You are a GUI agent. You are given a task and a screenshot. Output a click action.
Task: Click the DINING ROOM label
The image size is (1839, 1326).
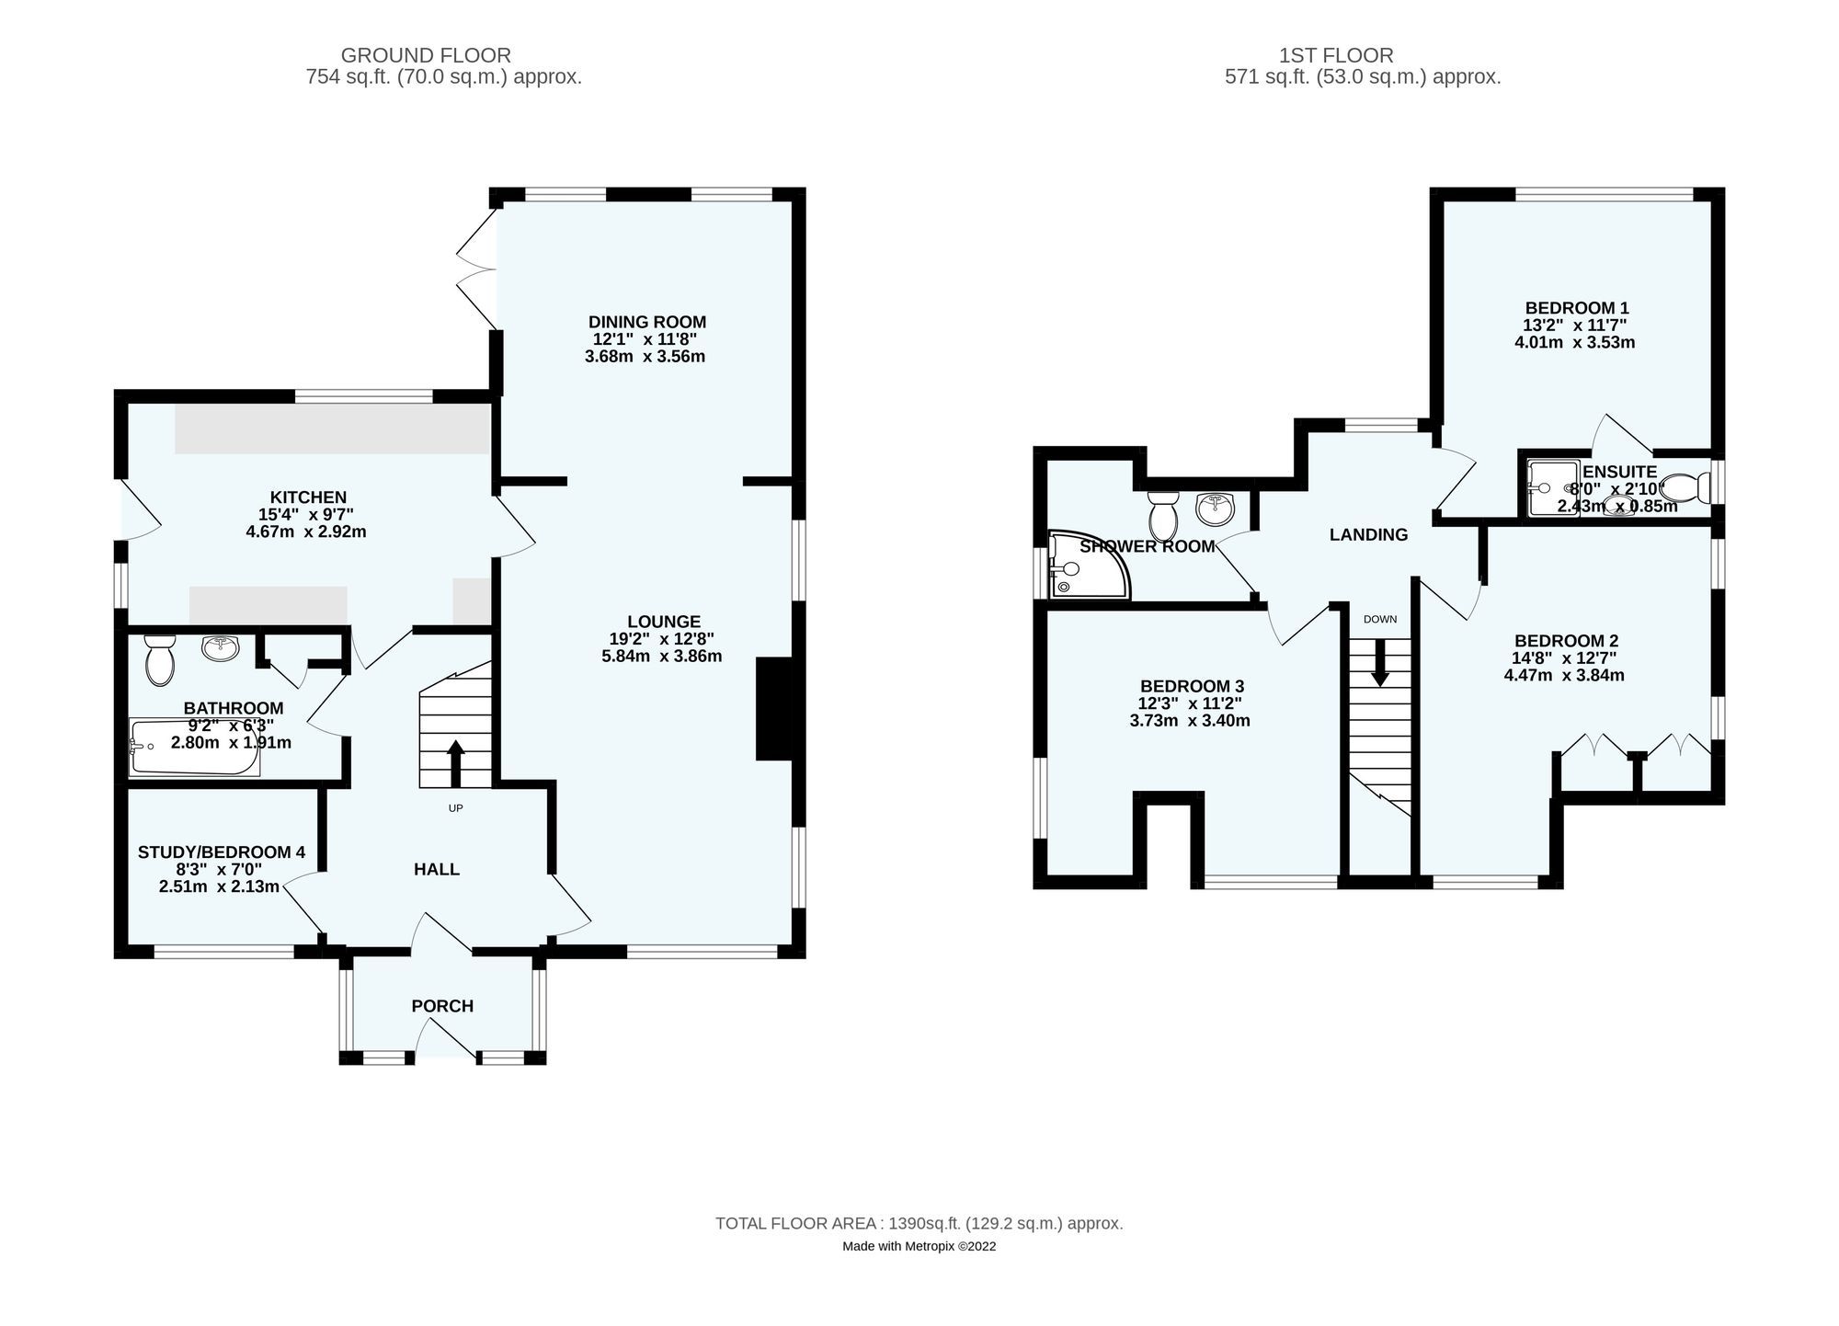(646, 322)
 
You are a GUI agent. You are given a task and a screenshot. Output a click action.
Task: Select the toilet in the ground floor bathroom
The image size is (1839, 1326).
(159, 662)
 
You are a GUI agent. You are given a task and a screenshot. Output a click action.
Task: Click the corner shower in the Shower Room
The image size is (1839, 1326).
(1085, 566)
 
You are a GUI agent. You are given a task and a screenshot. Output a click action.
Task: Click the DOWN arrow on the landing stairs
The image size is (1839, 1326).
(1379, 663)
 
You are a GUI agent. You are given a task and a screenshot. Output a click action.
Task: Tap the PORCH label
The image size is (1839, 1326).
(442, 1006)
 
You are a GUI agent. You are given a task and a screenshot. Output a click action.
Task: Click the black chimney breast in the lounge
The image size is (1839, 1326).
(773, 708)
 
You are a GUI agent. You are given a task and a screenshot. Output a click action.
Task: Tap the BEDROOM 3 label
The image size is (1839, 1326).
(1192, 686)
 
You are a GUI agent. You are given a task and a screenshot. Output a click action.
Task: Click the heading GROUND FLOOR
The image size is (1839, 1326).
(426, 55)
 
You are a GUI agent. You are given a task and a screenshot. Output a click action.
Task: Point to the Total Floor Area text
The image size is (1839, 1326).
(919, 1224)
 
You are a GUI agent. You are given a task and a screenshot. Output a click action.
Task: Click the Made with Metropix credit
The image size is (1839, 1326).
(919, 1247)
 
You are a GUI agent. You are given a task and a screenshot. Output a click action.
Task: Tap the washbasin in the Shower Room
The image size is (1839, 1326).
(1216, 506)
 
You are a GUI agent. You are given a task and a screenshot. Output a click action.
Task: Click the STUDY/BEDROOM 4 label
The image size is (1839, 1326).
(221, 852)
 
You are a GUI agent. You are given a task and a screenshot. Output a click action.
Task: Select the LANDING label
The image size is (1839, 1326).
(1368, 534)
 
